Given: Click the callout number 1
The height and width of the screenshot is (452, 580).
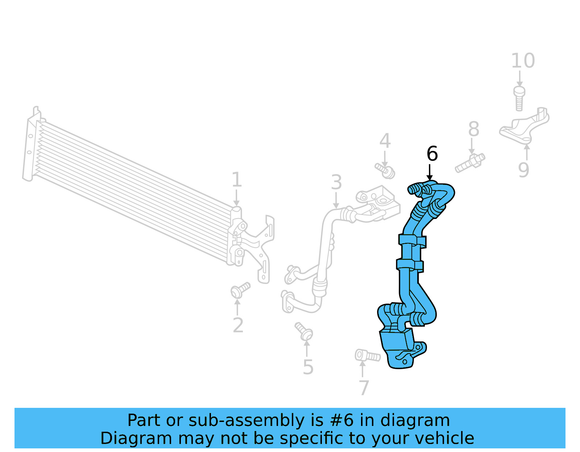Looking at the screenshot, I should pyautogui.click(x=236, y=180).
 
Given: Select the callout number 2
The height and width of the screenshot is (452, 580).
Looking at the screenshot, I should pyautogui.click(x=238, y=325).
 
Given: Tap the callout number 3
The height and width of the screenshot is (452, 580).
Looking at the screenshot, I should pyautogui.click(x=336, y=182).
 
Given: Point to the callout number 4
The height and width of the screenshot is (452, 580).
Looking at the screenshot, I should pyautogui.click(x=385, y=141).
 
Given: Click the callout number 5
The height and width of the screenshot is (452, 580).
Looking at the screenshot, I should pyautogui.click(x=308, y=367).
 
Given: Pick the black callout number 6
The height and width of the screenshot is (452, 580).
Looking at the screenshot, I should pyautogui.click(x=432, y=154).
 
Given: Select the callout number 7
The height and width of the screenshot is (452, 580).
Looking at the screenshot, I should pyautogui.click(x=364, y=388).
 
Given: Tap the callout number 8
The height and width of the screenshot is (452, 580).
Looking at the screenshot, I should pyautogui.click(x=473, y=129).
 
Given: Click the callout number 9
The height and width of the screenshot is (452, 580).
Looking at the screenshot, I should pyautogui.click(x=523, y=170).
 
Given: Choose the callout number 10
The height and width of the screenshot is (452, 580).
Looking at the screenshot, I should pyautogui.click(x=523, y=61).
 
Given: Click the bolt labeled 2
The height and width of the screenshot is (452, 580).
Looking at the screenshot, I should pyautogui.click(x=240, y=290).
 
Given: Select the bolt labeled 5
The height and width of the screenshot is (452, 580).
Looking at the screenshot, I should pyautogui.click(x=304, y=331).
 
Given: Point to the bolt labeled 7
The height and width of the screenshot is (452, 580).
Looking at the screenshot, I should pyautogui.click(x=367, y=356).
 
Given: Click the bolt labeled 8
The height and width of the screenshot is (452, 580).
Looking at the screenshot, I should pyautogui.click(x=470, y=163).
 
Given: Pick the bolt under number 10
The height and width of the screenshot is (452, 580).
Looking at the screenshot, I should pyautogui.click(x=519, y=98).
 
